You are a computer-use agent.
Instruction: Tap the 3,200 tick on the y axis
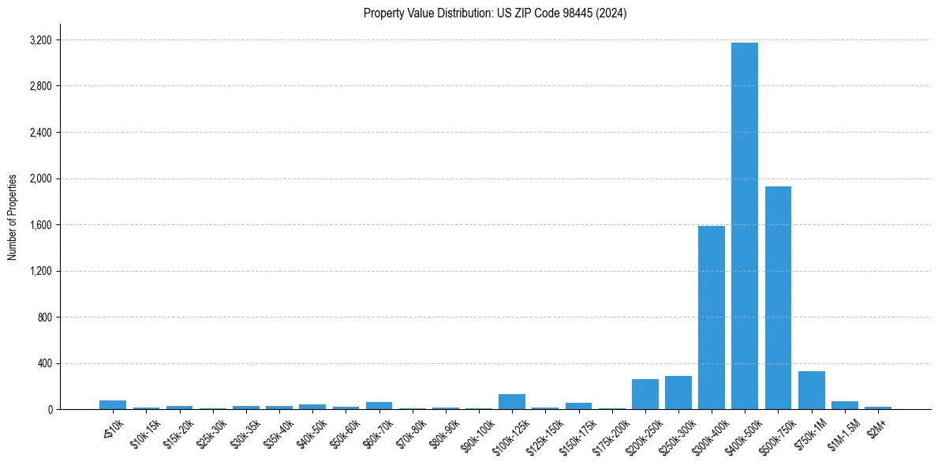pyautogui.click(x=40, y=40)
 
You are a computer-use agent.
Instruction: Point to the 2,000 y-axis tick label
pyautogui.click(x=40, y=179)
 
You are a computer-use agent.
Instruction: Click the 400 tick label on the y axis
pyautogui.click(x=44, y=363)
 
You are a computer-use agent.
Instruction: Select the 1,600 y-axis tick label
pyautogui.click(x=40, y=225)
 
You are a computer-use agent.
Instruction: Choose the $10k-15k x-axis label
pyautogui.click(x=144, y=431)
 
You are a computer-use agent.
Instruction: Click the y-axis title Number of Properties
pyautogui.click(x=13, y=217)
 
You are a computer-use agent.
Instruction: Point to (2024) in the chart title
pyautogui.click(x=611, y=13)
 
